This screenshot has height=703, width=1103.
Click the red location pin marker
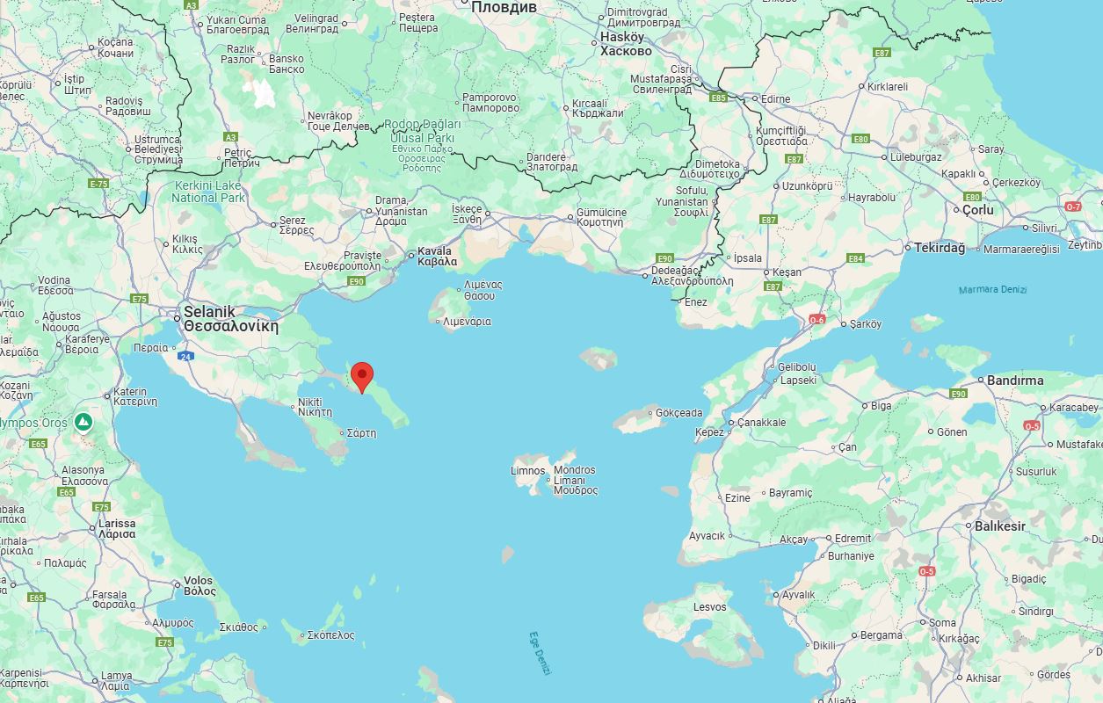point(362,376)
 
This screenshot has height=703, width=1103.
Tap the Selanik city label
point(209,312)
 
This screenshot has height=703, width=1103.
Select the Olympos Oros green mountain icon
point(83,423)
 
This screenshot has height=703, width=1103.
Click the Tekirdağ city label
point(940,248)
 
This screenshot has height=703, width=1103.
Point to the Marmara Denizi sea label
point(992,289)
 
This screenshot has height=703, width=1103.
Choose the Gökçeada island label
point(679,412)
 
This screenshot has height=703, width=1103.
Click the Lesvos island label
point(709,607)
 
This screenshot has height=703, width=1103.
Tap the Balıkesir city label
point(1000,525)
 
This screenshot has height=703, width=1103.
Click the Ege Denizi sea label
point(540,653)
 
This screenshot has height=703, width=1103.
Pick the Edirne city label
point(775,98)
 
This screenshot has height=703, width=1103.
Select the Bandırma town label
point(1015,380)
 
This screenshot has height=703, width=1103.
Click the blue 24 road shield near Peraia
point(185,356)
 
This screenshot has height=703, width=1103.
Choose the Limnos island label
point(527,470)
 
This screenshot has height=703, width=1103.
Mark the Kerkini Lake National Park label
point(209,192)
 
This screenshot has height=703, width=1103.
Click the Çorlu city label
point(977,210)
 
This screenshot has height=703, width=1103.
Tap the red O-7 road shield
point(1073,207)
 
